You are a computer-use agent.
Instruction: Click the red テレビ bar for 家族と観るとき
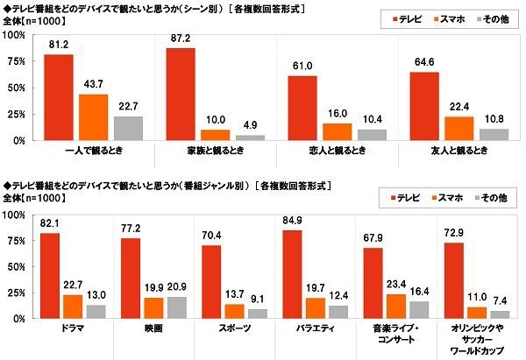[x=181, y=94]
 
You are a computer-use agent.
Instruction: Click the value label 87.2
[x=181, y=39]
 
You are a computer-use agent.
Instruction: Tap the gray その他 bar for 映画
[x=176, y=307]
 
